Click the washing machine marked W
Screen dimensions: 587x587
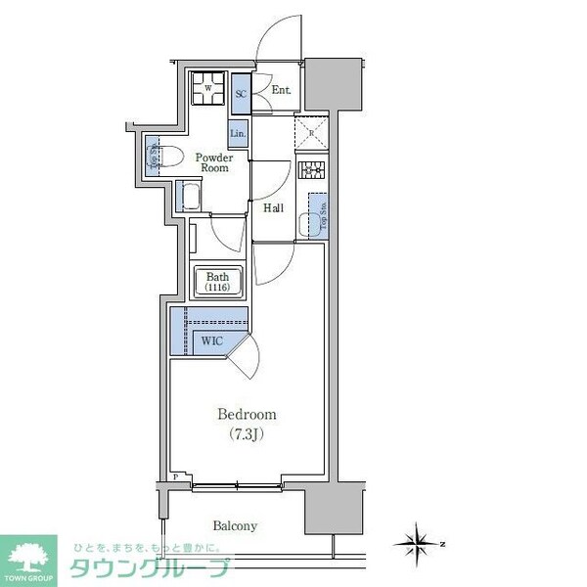(206, 89)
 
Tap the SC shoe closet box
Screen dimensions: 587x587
(241, 94)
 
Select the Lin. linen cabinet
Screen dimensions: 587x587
(239, 133)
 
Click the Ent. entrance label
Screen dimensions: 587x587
(281, 91)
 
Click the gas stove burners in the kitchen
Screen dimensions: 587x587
(313, 171)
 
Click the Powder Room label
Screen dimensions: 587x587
(213, 162)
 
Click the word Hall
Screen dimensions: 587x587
(273, 206)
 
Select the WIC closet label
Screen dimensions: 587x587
(211, 340)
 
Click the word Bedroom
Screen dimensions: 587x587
(247, 414)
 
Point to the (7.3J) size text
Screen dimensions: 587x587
(247, 433)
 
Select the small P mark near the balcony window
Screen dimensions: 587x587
(175, 478)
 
